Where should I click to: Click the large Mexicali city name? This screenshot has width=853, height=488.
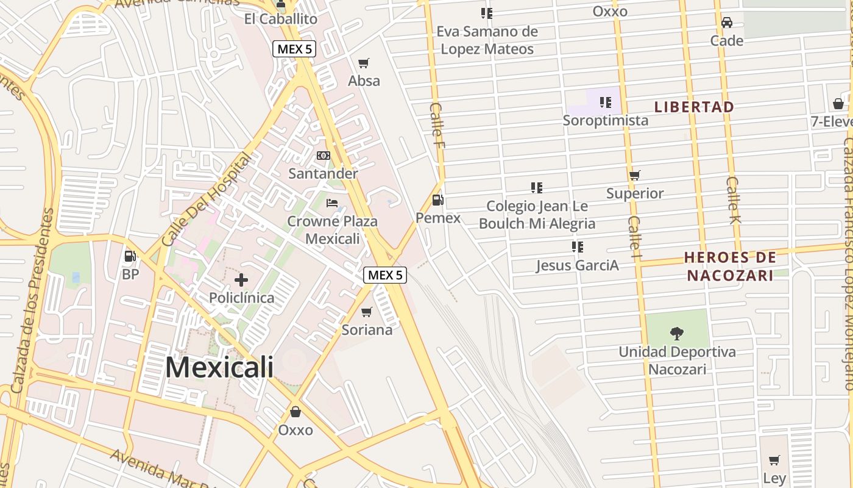219,367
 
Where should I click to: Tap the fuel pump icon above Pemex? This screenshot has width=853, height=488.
437,199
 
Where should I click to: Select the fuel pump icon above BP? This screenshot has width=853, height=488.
130,256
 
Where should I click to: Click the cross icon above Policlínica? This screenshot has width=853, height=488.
241,280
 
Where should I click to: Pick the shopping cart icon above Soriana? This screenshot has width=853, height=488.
367,312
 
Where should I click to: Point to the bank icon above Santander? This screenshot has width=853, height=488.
324,156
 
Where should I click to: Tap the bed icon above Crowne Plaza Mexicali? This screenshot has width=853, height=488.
332,203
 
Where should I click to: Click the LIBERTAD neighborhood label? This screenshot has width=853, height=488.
694,107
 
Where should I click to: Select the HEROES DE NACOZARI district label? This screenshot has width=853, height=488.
730,266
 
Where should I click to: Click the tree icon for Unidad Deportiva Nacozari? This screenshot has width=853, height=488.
676,333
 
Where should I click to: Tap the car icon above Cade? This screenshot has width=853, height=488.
726,23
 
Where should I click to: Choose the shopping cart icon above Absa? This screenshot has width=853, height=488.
364,63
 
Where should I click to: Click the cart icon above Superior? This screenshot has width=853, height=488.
635,175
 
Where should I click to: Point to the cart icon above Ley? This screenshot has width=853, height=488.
774,460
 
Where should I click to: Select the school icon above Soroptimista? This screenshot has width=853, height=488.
605,102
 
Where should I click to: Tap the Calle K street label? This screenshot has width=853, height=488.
734,199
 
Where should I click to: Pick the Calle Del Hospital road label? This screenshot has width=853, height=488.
207,200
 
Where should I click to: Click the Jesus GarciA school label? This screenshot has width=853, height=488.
577,265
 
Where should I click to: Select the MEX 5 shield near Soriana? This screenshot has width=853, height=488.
385,275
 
